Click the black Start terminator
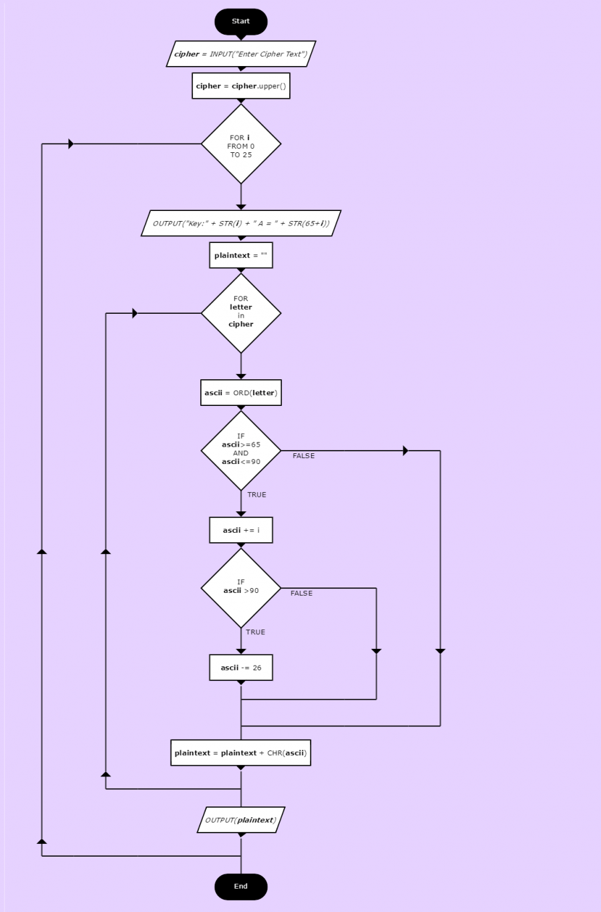[x=240, y=21]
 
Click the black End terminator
[x=240, y=887]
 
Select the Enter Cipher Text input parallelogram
[x=240, y=54]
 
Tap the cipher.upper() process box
[x=240, y=86]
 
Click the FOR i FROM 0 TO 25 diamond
[x=240, y=144]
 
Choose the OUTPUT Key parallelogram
[x=240, y=223]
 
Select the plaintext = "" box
[x=240, y=255]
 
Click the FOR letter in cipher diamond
[x=240, y=313]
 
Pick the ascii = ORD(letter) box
[x=240, y=393]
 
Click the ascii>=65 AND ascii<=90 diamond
[x=240, y=450]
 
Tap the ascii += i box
[x=240, y=530]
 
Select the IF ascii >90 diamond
[x=240, y=588]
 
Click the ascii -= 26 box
[x=240, y=668]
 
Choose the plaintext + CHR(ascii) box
[x=240, y=753]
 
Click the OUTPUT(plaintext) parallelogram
[x=240, y=820]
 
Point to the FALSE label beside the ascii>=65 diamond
[x=303, y=456]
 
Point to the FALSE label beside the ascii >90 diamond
[x=301, y=594]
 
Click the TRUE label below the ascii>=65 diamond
[x=256, y=495]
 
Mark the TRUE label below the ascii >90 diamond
[x=255, y=632]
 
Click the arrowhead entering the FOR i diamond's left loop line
[x=71, y=144]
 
